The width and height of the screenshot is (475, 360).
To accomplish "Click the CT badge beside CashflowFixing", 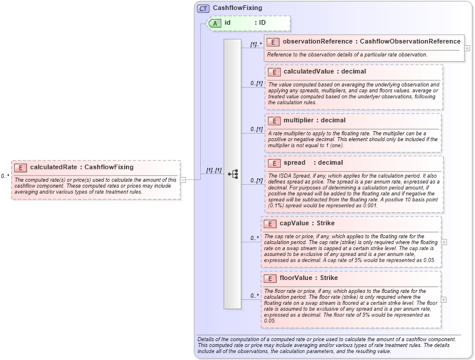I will coord(203,8).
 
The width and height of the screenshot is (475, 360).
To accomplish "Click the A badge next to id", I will coord(216,23).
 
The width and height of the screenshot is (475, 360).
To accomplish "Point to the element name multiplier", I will coord(300,121).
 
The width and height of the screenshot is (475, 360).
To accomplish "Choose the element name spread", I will coord(294,163).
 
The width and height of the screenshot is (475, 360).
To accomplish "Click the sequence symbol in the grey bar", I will coord(232,174).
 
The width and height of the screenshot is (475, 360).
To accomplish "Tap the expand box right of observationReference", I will coord(467,48).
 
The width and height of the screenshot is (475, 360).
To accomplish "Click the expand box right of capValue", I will coord(444,242).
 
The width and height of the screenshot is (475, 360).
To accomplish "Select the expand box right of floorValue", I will coord(444,299).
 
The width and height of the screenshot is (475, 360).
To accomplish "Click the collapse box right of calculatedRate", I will coord(184,179).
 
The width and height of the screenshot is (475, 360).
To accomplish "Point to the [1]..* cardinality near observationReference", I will coord(255,44).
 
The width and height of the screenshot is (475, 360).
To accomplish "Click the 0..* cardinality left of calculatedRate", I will coord(5,176).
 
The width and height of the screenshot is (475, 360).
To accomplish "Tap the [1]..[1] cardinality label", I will coord(213,171).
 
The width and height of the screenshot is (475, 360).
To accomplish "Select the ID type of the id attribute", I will coord(263,23).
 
